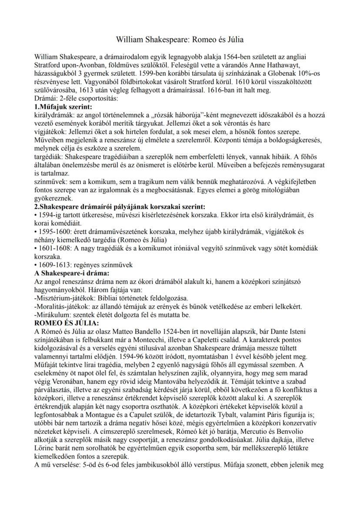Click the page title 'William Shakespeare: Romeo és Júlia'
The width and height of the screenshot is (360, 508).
click(180, 40)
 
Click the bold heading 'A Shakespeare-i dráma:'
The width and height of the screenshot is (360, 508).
click(71, 273)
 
